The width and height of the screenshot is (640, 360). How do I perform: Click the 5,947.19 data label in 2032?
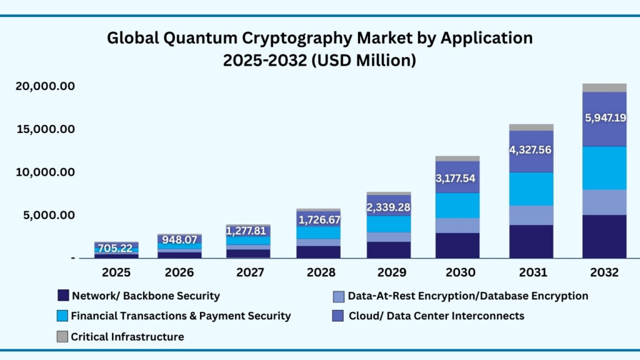point(604,117)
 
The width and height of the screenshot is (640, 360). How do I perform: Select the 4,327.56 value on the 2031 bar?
point(531,150)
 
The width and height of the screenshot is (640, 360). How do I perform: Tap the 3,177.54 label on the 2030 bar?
point(457,178)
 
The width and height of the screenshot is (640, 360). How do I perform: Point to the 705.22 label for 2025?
point(116,248)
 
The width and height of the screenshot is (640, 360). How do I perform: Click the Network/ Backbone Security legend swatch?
point(62,296)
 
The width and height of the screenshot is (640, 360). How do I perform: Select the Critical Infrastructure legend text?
point(127,337)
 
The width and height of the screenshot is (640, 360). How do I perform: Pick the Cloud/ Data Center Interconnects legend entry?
point(436,316)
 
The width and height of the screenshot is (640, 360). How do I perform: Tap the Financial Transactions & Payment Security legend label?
point(181,316)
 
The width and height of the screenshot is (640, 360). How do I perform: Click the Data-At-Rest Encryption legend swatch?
point(338,296)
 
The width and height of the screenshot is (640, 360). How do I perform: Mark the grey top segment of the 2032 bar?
point(604,87)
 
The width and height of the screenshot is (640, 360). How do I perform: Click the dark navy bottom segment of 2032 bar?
point(604,236)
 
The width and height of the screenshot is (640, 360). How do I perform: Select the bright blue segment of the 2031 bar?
point(531,189)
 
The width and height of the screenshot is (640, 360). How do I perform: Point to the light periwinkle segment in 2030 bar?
point(457,226)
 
